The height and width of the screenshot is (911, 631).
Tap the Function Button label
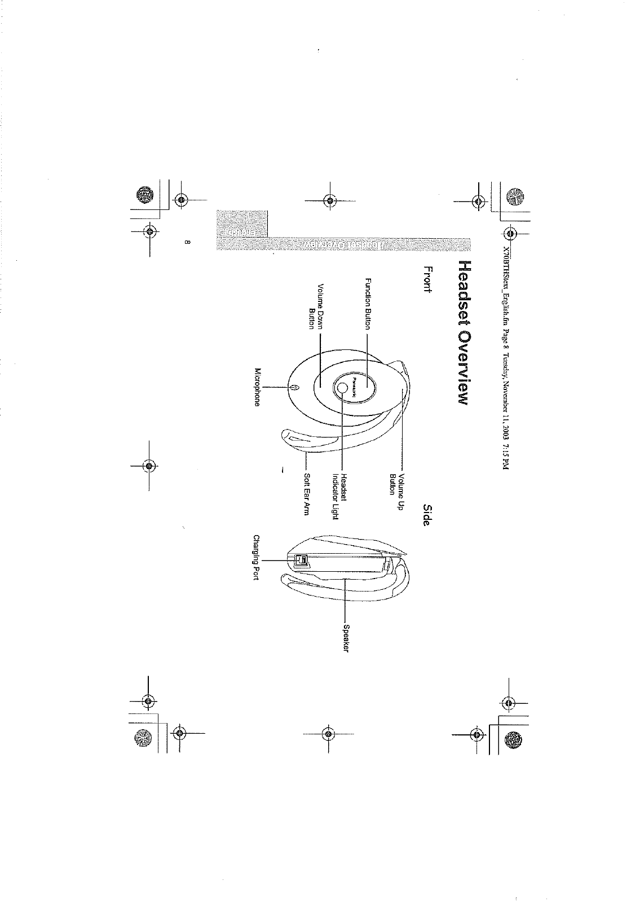(x=368, y=304)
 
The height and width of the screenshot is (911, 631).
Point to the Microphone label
(x=258, y=387)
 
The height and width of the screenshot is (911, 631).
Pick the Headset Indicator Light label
(x=338, y=497)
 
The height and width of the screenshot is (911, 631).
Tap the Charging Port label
(x=256, y=558)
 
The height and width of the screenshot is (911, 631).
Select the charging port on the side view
(x=301, y=559)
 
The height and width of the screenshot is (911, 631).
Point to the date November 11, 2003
(x=504, y=409)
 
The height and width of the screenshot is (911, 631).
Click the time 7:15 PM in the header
(x=504, y=459)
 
